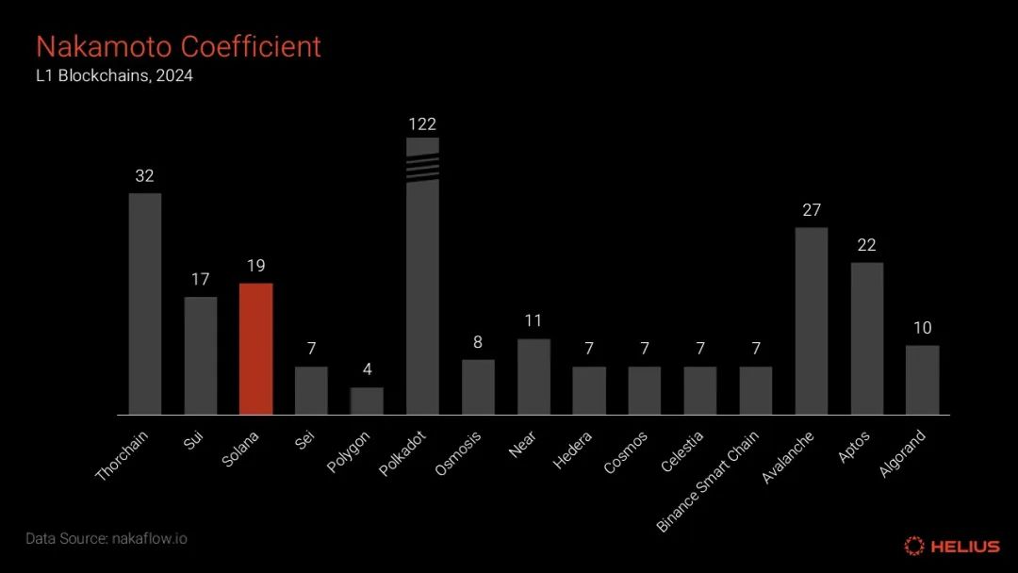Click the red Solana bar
coord(255,349)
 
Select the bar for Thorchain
coord(145,303)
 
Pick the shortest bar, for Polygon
coord(367,401)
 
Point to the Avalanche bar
coord(812,320)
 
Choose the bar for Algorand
coord(922,380)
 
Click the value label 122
coord(422,124)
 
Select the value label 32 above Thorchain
coord(145,176)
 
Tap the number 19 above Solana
coord(255,266)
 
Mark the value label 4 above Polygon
coord(367,370)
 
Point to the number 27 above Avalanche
coord(812,210)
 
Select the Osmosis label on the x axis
coord(459,452)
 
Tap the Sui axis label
coord(193,439)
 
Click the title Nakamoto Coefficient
coord(178,46)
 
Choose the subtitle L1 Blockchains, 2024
coord(114,76)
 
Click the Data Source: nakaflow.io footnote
coord(106,539)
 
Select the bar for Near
coord(534,376)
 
